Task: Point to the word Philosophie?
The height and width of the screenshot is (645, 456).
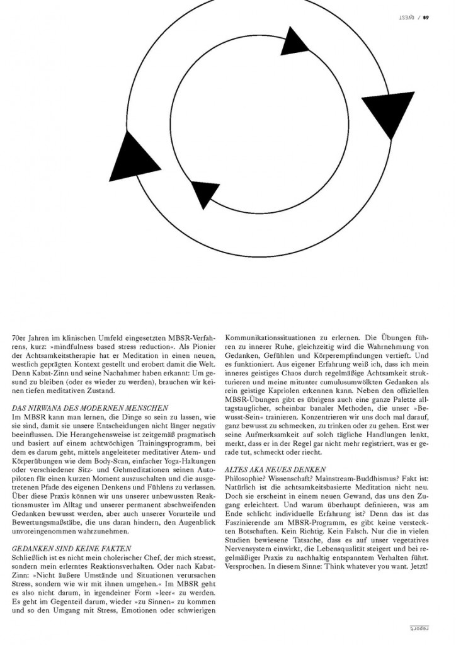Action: pos(247,479)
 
